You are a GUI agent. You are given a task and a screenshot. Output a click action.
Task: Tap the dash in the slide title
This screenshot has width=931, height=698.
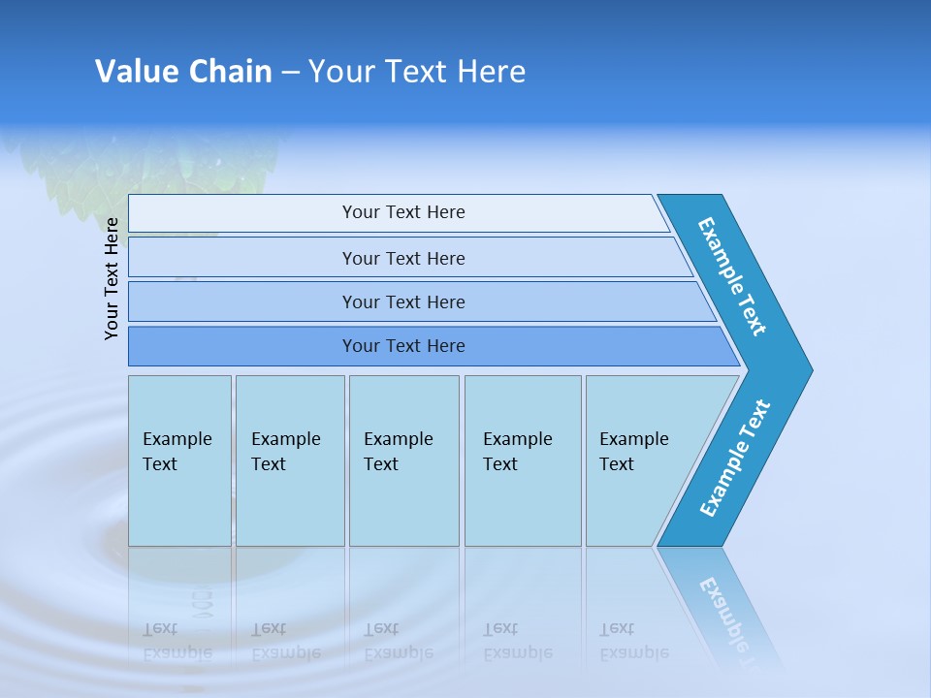point(290,73)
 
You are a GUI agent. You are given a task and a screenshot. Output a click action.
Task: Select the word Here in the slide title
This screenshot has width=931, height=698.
point(491,72)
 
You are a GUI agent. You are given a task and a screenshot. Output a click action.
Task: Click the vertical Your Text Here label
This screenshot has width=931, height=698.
point(112,278)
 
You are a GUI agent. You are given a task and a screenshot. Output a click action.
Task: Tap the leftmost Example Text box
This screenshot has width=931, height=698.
point(179,460)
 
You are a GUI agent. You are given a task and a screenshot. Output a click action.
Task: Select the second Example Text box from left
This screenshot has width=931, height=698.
point(290,460)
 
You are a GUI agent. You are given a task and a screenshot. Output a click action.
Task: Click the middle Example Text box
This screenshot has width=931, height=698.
point(403,460)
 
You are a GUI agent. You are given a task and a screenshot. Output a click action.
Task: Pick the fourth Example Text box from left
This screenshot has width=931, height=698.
point(523,460)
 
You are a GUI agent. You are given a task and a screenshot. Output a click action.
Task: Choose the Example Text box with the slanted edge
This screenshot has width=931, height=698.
point(640,460)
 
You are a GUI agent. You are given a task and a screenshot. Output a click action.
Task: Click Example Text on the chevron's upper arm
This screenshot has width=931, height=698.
point(732,276)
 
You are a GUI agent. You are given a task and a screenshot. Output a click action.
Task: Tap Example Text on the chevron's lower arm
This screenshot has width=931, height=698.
point(735,458)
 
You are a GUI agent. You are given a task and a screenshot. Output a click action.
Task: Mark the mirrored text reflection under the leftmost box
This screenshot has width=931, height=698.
point(177,642)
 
